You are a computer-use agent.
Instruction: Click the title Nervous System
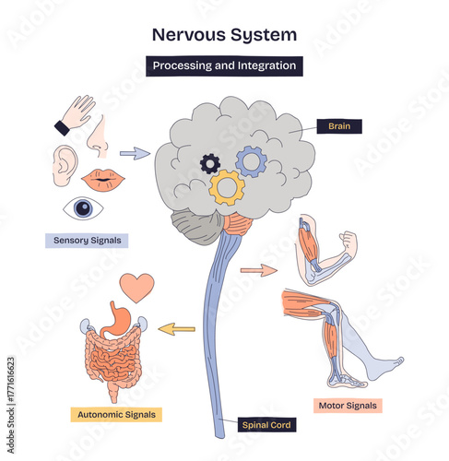224,35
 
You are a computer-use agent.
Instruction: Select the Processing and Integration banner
224,65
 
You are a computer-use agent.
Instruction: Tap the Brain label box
338,126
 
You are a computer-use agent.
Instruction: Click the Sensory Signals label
86,241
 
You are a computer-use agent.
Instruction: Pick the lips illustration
104,179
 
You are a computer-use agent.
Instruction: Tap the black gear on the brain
210,164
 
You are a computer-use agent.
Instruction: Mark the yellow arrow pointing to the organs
177,327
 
